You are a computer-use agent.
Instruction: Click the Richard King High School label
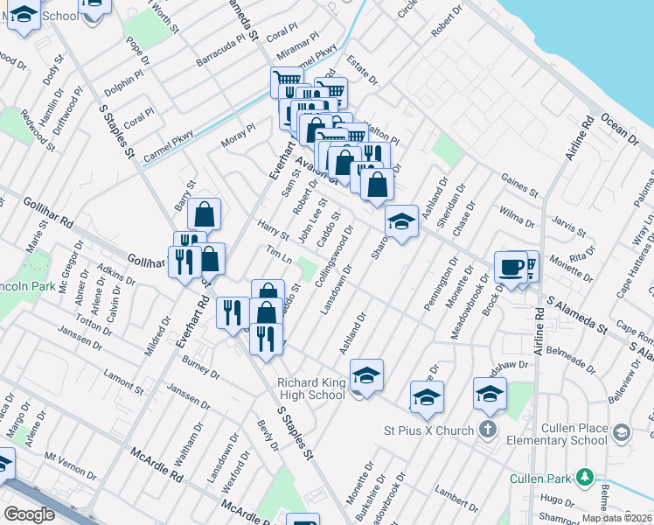click(311, 388)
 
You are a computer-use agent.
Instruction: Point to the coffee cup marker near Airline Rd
click(511, 267)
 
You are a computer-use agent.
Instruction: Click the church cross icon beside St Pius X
click(488, 430)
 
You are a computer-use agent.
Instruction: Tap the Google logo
click(30, 514)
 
